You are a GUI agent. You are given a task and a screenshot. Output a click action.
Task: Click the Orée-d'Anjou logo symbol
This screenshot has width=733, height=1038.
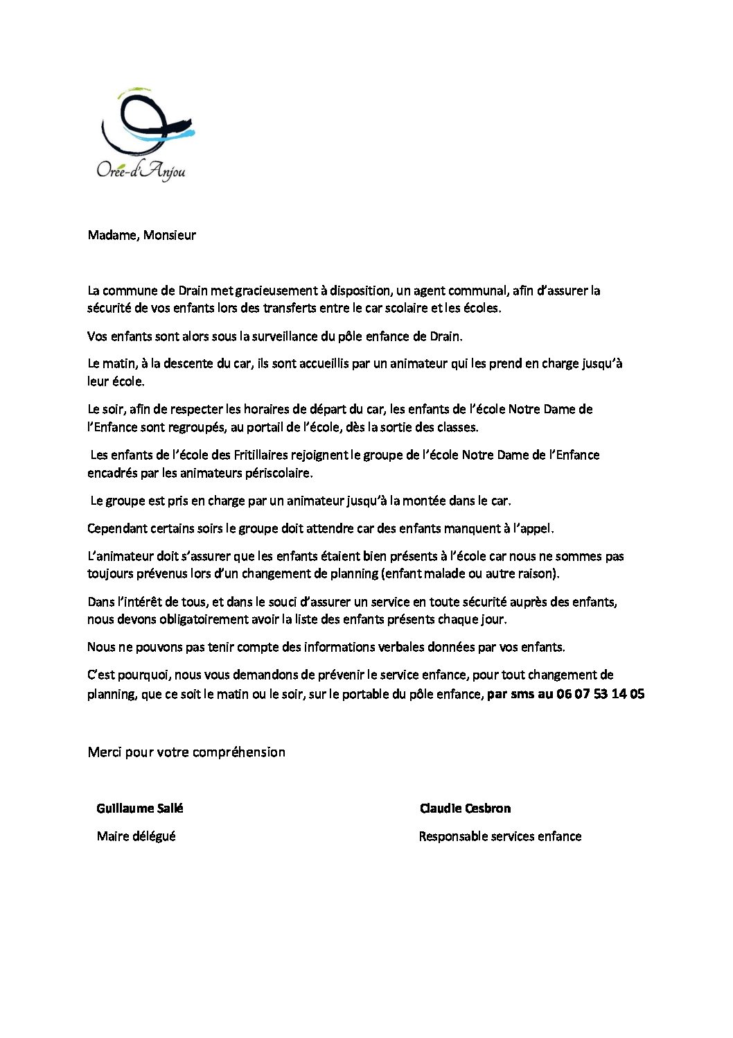[x=146, y=123]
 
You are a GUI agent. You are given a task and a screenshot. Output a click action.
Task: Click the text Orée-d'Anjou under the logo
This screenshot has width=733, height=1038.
[x=141, y=171]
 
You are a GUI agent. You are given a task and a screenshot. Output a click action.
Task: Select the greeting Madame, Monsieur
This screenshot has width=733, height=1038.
[x=142, y=235]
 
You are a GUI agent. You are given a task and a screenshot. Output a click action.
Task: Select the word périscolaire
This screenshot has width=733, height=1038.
[x=276, y=473]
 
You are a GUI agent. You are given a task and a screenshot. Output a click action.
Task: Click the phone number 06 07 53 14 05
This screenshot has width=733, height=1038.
[x=600, y=693]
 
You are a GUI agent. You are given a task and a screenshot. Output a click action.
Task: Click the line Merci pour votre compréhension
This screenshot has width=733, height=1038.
[x=186, y=752]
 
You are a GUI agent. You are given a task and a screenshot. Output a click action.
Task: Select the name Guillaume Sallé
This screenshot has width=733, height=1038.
[x=140, y=808]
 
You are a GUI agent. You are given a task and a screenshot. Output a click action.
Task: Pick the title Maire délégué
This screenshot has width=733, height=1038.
[x=136, y=836]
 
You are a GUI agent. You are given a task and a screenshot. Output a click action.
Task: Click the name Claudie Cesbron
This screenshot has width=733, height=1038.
[x=465, y=808]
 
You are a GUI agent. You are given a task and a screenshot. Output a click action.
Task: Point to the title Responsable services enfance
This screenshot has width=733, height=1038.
[x=500, y=836]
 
